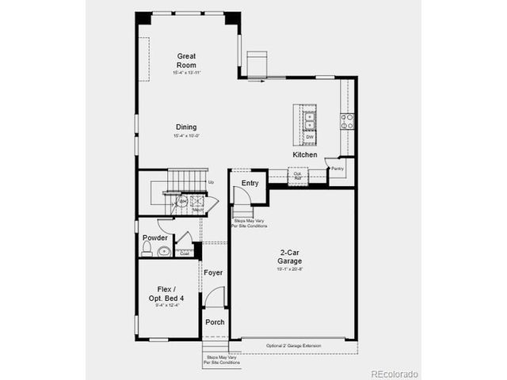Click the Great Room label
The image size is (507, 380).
click(186, 60)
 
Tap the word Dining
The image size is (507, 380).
click(186, 127)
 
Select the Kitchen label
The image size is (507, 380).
click(305, 155)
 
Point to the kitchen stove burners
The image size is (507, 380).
click(347, 121)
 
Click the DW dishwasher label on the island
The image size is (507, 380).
click(310, 137)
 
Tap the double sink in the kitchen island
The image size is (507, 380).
click(310, 120)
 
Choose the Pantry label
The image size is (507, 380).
click(337, 169)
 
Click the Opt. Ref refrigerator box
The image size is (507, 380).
click(299, 176)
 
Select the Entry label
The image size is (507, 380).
click(250, 183)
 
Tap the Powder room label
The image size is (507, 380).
click(154, 238)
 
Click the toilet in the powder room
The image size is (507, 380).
click(147, 250)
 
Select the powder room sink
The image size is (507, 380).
click(163, 252)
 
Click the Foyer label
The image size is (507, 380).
click(213, 273)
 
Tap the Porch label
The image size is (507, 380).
click(215, 322)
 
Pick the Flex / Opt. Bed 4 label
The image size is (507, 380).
click(167, 294)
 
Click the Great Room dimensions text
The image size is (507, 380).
click(186, 72)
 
